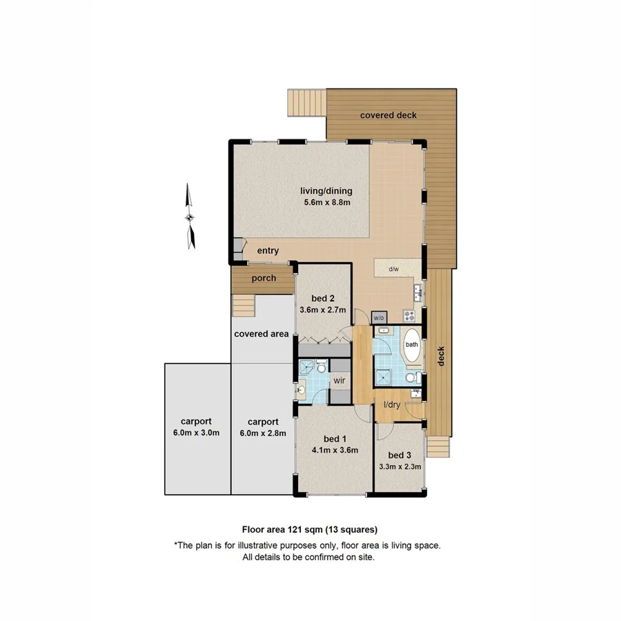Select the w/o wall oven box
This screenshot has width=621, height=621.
378,318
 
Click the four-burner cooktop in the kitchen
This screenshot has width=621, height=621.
408,317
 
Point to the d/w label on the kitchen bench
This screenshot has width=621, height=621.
394,269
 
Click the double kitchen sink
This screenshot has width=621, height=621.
418,294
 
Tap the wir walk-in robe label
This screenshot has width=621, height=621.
339,380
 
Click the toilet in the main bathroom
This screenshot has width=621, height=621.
411,377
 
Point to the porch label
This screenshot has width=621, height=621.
264,279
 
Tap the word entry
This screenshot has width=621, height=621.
268,251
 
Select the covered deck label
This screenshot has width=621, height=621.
388,115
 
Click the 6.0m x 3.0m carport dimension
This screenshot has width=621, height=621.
196,433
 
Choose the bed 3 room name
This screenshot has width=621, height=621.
399,455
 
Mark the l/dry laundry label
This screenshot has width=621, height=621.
392,405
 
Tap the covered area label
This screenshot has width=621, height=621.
261,334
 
